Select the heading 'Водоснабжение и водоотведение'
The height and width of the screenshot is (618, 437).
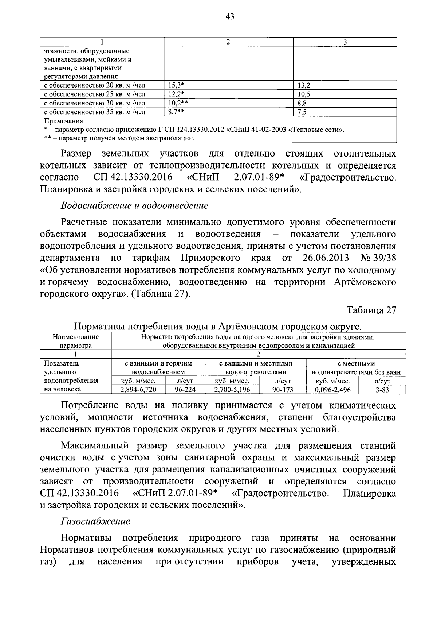click(135, 206)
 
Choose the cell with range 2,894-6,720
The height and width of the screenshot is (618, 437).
click(138, 390)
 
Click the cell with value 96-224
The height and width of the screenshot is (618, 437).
click(185, 390)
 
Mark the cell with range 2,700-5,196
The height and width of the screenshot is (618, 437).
click(232, 390)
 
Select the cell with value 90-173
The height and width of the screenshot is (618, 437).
click(283, 390)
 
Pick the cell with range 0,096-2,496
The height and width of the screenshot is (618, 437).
click(332, 390)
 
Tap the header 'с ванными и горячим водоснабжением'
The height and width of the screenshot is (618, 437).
click(158, 368)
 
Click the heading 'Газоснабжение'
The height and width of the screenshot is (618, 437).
click(95, 521)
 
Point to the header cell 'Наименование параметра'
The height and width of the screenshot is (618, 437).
click(75, 341)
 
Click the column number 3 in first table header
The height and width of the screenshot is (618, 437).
click(345, 42)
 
